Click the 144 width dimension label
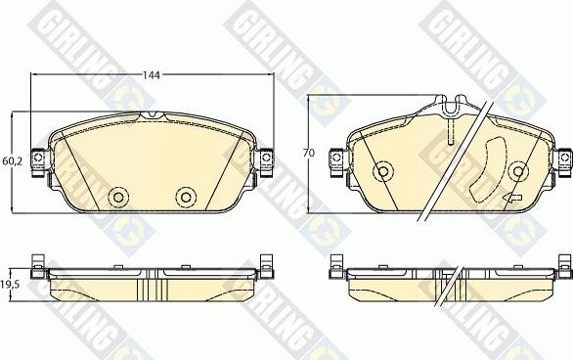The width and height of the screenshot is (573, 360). (x=153, y=74)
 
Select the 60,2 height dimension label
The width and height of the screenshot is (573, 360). (x=10, y=161)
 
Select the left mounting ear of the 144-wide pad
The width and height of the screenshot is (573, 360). (x=37, y=159)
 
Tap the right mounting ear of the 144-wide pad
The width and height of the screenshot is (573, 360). (x=265, y=159)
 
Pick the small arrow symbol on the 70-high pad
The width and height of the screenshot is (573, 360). (x=510, y=201)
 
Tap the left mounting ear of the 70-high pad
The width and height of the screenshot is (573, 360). (x=336, y=159)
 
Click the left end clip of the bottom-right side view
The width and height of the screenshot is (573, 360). (x=336, y=265)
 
